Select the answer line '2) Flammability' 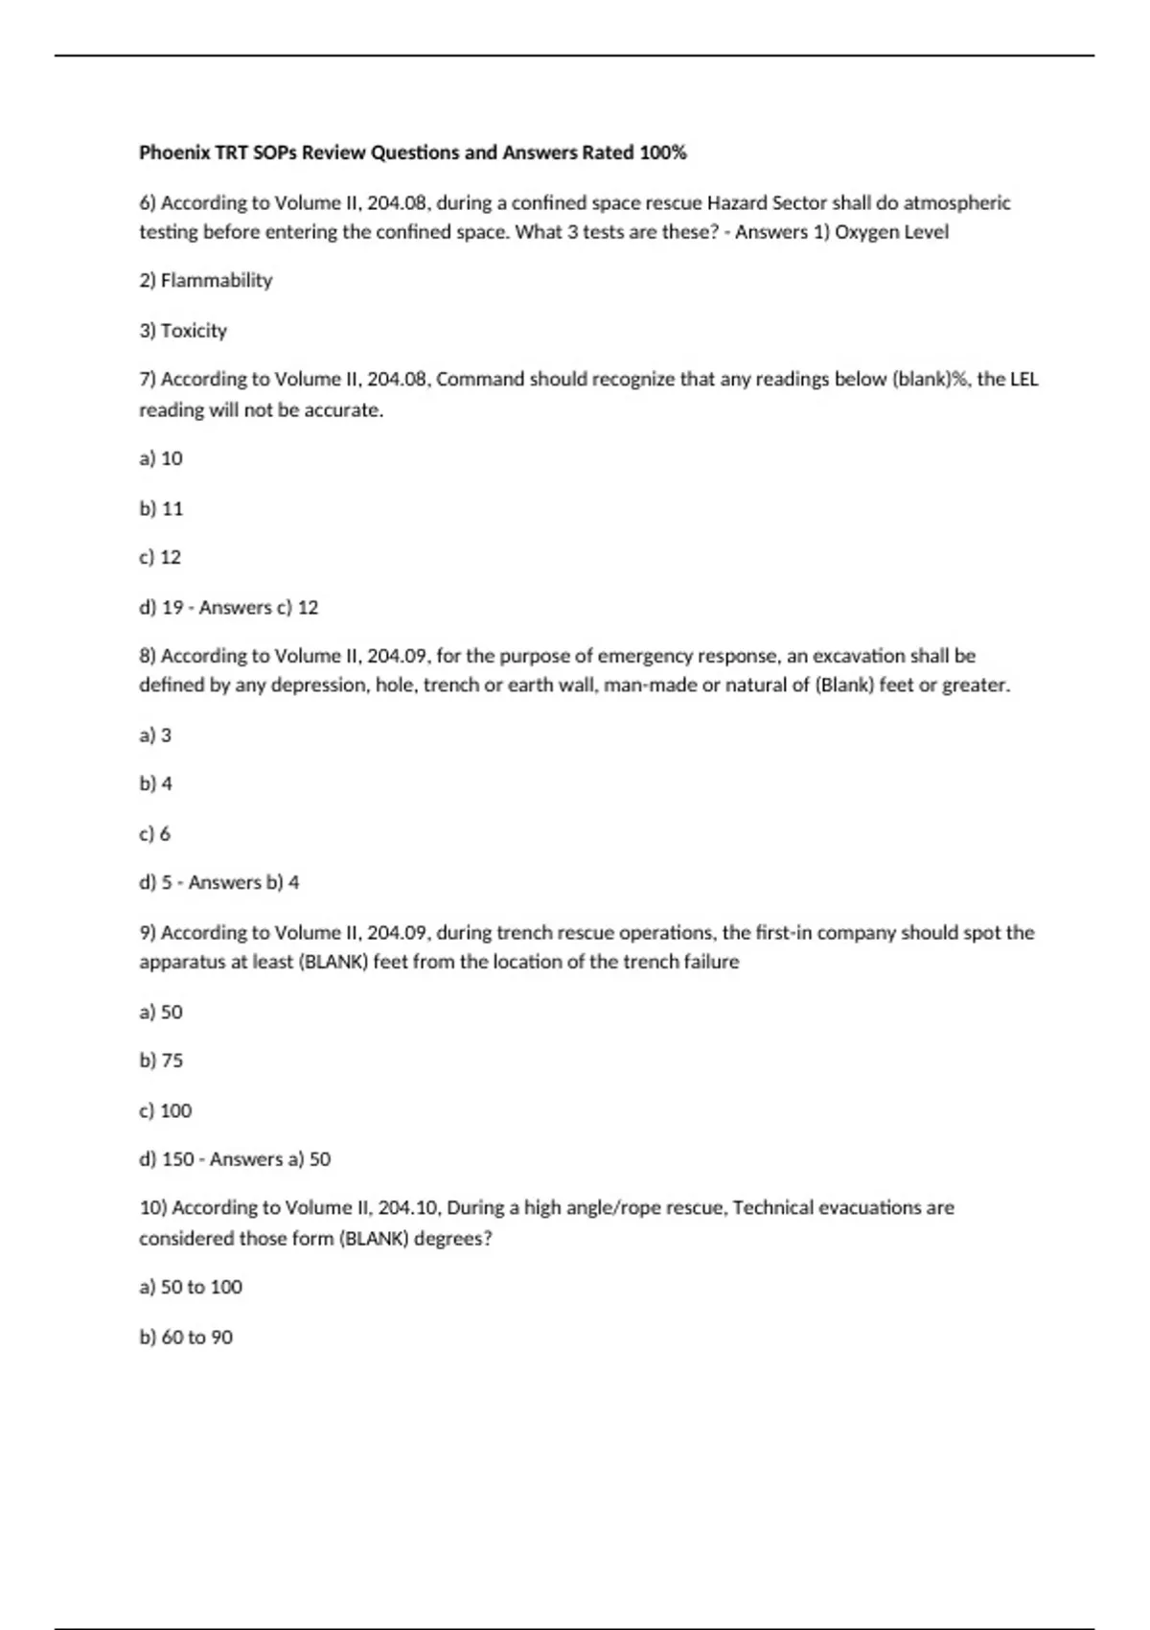pyautogui.click(x=206, y=280)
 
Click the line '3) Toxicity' pyautogui.click(x=183, y=331)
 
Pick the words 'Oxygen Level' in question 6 pyautogui.click(x=891, y=232)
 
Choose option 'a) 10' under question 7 pyautogui.click(x=161, y=458)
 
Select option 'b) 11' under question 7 pyautogui.click(x=161, y=508)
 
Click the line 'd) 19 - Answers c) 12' pyautogui.click(x=229, y=607)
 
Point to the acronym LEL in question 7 pyautogui.click(x=1023, y=379)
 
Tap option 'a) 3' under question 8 pyautogui.click(x=155, y=735)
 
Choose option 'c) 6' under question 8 pyautogui.click(x=155, y=834)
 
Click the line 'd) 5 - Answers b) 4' pyautogui.click(x=219, y=882)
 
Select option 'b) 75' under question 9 pyautogui.click(x=161, y=1060)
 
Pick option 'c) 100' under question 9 pyautogui.click(x=166, y=1110)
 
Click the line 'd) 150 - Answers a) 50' pyautogui.click(x=235, y=1159)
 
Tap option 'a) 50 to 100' pyautogui.click(x=191, y=1287)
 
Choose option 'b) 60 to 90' pyautogui.click(x=186, y=1337)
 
